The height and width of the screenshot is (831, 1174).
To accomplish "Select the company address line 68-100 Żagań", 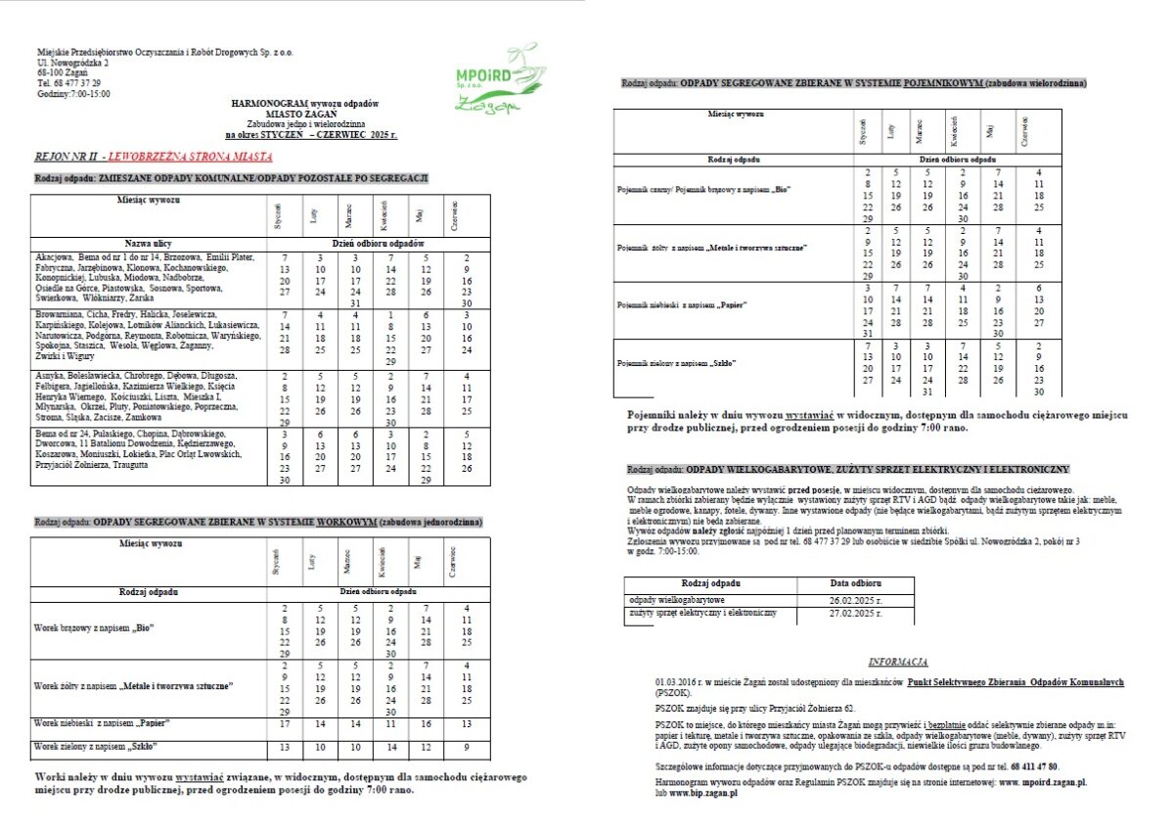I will pyautogui.click(x=62, y=72).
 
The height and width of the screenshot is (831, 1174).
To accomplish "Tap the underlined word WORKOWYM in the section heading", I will pyautogui.click(x=345, y=524).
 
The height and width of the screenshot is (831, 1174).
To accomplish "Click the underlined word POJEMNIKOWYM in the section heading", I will pyautogui.click(x=944, y=83).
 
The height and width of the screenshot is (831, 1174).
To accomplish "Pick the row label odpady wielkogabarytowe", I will pyautogui.click(x=677, y=599).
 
